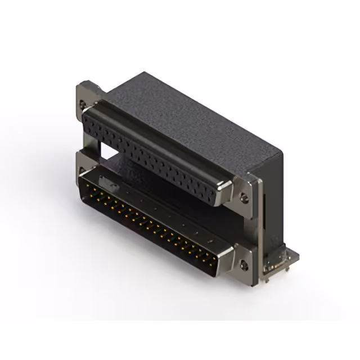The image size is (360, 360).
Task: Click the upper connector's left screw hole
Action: (x=84, y=103)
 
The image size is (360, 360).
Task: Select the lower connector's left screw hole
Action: (x=83, y=169)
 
